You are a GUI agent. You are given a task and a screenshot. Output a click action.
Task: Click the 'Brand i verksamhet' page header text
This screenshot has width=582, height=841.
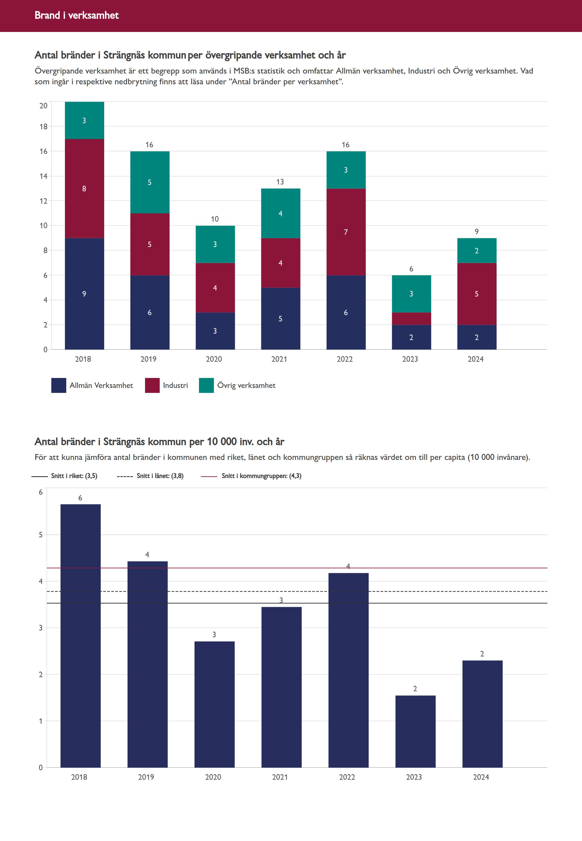[x=76, y=15]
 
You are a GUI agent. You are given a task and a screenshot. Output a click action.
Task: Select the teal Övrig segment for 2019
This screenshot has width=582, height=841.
[x=149, y=182]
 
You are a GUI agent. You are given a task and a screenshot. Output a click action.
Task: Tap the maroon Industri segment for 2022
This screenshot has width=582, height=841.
[x=346, y=232]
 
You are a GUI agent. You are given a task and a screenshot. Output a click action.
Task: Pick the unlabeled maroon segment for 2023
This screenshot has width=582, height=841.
[x=411, y=318]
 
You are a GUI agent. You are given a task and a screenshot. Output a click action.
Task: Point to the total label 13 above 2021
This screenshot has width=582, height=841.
[x=280, y=182]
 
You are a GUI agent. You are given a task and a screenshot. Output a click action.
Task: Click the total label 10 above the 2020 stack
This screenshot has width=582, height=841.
[x=215, y=219]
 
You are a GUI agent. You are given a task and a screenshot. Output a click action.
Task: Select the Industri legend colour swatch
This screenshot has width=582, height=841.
[x=152, y=385]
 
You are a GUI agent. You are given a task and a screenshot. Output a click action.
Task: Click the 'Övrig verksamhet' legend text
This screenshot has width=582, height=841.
[x=246, y=385]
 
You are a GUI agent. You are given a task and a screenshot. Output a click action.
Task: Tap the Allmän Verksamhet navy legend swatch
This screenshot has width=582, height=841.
[x=59, y=385]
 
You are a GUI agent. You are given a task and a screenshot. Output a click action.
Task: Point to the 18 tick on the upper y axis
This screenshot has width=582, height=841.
[x=43, y=126]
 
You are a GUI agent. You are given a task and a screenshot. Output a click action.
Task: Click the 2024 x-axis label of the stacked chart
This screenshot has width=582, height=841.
[x=475, y=359]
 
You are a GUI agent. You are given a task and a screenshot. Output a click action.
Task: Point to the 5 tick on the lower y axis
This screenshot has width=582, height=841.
[x=41, y=534]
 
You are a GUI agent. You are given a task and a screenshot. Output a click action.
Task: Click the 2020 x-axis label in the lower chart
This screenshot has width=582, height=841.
[x=213, y=777]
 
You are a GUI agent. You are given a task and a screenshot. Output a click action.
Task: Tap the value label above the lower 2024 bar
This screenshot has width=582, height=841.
[x=482, y=654]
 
